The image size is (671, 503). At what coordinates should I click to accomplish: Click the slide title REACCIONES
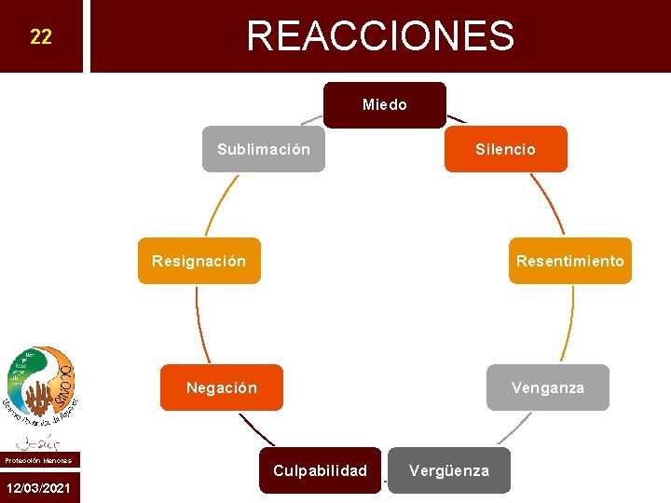coord(380,36)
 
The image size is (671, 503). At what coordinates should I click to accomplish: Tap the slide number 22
coord(41,37)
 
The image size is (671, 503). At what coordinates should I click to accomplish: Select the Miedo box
coord(385,105)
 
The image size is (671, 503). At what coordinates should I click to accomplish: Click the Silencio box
coord(505,149)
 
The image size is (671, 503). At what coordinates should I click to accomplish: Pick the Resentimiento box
coord(569,261)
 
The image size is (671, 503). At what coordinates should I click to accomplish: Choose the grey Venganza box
coord(547,387)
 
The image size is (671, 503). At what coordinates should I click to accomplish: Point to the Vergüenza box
coord(448,470)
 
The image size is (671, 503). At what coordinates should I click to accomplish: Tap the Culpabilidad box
coord(320,470)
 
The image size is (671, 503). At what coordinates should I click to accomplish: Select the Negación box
coord(221,387)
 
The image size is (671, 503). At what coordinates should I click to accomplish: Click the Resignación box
coord(199,261)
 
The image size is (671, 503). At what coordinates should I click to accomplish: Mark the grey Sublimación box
coord(264,149)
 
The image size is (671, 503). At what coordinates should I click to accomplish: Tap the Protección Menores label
coord(38,460)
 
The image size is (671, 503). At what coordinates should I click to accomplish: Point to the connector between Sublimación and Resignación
coord(220,205)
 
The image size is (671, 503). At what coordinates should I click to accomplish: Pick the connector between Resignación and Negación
coord(199,324)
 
